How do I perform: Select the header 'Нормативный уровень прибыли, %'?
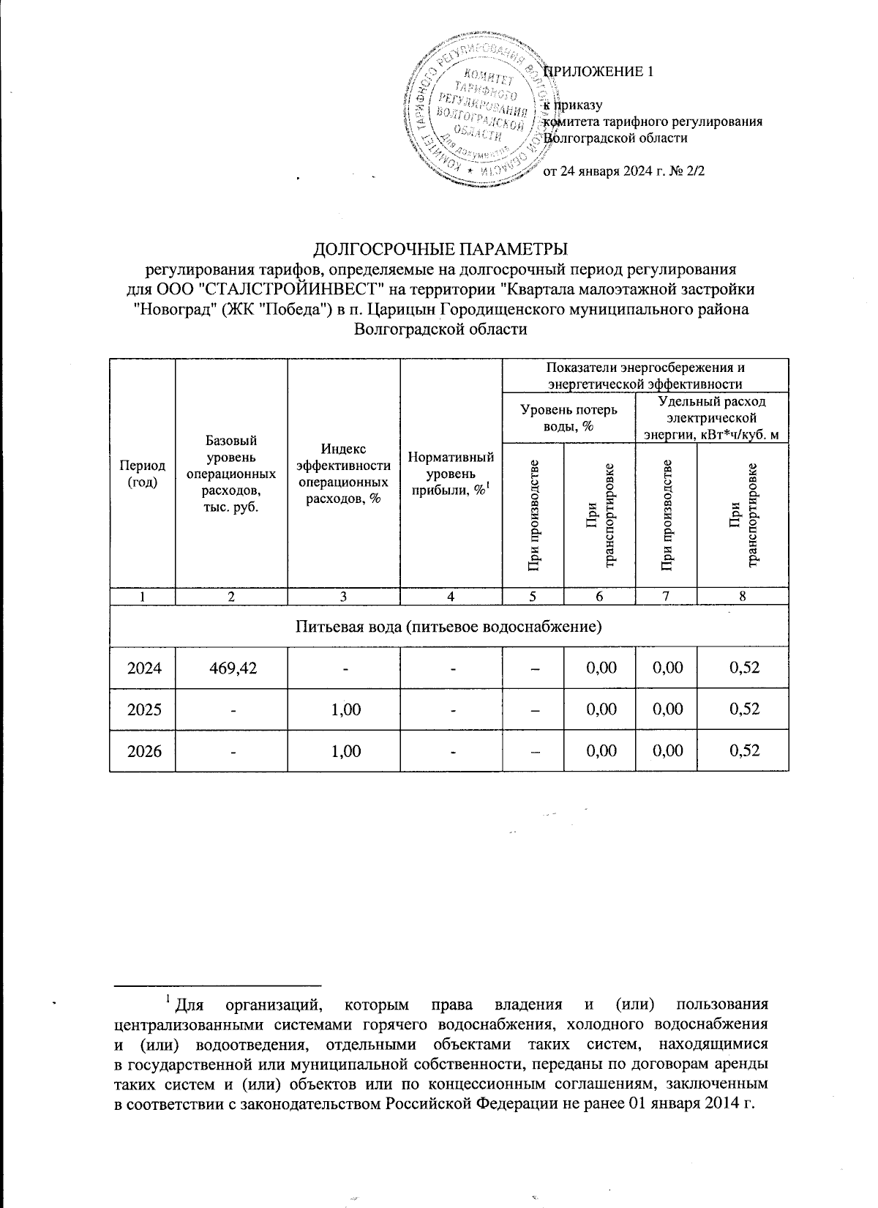pyautogui.click(x=451, y=474)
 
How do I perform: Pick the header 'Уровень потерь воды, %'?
pyautogui.click(x=569, y=417)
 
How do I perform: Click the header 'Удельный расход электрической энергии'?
pyautogui.click(x=712, y=417)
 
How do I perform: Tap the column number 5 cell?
pyautogui.click(x=532, y=597)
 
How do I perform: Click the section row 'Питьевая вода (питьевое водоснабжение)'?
pyautogui.click(x=449, y=627)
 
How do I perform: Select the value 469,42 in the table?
pyautogui.click(x=231, y=668)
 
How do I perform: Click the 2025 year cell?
pyautogui.click(x=142, y=709)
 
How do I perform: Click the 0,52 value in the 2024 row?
pyautogui.click(x=743, y=668)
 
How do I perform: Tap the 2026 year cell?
pyautogui.click(x=142, y=750)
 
